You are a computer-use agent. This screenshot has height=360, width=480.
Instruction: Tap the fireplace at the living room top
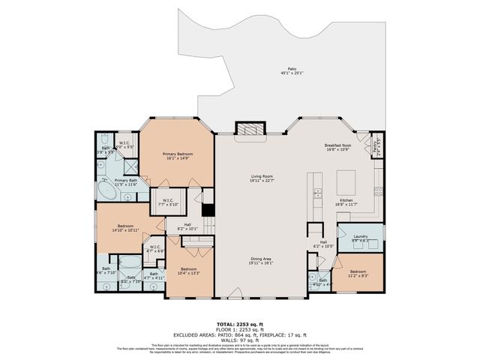tap(250, 129)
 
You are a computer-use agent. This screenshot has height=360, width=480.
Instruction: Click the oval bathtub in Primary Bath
tap(106, 191)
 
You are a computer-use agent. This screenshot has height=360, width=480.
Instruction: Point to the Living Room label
tap(261, 178)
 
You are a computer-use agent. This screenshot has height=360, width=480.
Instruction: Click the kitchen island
tap(346, 182)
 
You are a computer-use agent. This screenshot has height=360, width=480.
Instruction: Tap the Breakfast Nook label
tap(338, 147)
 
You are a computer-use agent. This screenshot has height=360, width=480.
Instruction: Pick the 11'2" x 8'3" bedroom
tap(358, 273)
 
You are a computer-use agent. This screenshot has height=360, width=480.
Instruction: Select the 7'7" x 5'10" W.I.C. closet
tap(163, 201)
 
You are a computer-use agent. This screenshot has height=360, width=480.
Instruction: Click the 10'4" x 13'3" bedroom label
tap(188, 271)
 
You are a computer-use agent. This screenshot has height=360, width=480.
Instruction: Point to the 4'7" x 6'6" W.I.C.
tap(154, 248)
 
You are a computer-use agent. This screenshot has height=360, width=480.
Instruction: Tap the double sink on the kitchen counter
tap(318, 194)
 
